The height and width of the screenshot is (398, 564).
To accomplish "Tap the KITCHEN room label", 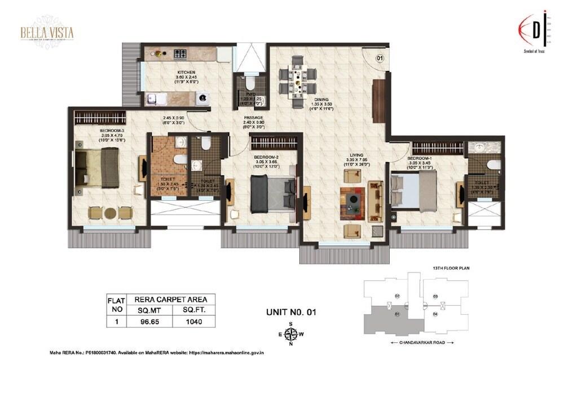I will (186, 73).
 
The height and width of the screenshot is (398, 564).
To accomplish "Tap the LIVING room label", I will (355, 154).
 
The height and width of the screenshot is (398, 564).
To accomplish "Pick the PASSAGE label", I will (253, 118).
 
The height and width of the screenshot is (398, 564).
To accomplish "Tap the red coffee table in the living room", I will (352, 200).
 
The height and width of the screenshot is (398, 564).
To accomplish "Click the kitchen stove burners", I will (180, 54).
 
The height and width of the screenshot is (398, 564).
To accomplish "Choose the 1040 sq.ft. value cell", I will (191, 322).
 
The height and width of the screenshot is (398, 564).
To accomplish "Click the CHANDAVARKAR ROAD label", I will (422, 342).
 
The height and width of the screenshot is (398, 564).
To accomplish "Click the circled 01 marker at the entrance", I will (380, 57).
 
